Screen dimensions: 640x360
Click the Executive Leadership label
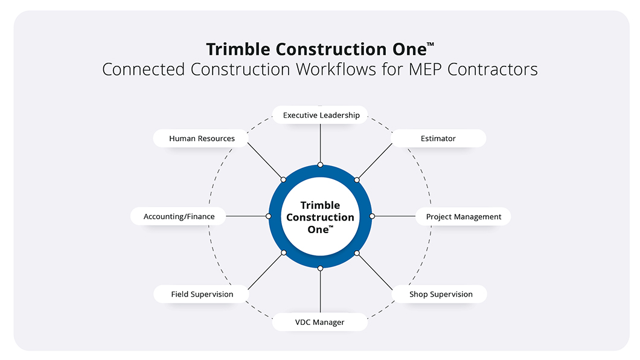click(321, 115)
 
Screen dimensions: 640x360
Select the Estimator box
click(438, 138)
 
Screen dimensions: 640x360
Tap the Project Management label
click(463, 216)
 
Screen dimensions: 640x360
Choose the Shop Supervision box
click(440, 294)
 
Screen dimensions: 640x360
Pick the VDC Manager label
click(319, 322)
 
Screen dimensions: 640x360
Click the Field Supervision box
click(202, 294)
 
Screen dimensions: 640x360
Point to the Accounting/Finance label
click(179, 216)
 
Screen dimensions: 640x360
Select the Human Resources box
click(202, 138)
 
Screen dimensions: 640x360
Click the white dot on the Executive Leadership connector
click(320, 165)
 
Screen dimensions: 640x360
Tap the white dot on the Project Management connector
click(372, 216)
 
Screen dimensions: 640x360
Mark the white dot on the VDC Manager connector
click(320, 268)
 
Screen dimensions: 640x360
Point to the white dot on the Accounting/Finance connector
click(269, 216)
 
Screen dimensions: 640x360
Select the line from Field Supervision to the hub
click(266, 270)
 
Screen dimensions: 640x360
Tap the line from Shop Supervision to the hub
click(375, 270)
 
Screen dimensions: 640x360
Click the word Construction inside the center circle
click(320, 217)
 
